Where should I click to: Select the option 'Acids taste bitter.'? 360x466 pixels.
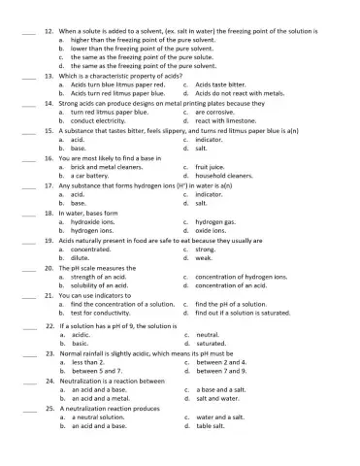point(224,83)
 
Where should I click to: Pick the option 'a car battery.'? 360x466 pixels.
point(92,176)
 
